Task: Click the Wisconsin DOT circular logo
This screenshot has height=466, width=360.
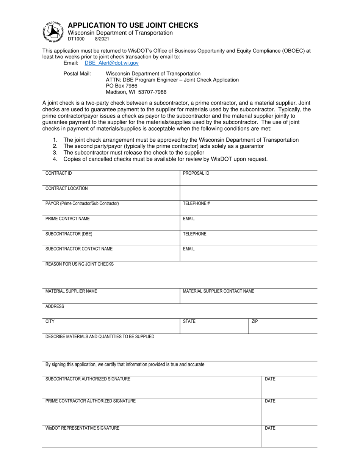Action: coord(53,31)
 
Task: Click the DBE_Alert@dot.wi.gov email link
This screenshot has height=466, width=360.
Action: coord(111,63)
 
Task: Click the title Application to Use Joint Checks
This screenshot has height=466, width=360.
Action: coord(133,25)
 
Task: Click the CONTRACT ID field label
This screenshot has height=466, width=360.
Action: coord(58,173)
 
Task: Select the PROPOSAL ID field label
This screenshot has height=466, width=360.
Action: coord(196,173)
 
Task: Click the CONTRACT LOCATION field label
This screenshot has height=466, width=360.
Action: coord(66,188)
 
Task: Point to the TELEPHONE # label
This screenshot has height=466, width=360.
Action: coord(196,203)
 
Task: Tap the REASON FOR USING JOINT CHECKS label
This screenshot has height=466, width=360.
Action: coord(79,264)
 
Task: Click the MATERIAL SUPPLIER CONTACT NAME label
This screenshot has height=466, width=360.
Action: coord(219,291)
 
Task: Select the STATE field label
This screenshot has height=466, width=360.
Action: coord(189,322)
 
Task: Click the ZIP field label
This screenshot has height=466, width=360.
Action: coord(255,322)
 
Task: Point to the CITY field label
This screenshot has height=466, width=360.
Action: coord(50,322)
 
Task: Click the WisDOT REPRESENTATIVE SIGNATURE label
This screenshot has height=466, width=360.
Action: coord(82,428)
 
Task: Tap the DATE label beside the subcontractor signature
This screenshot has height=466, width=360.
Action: coord(270,379)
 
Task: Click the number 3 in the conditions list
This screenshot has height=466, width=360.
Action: coord(55,153)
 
